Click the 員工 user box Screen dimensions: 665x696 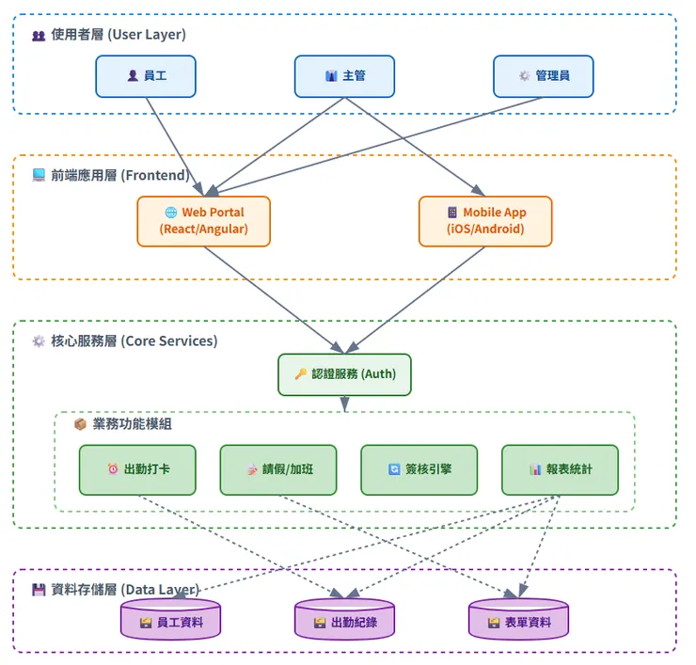[146, 76]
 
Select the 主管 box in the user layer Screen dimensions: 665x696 [344, 76]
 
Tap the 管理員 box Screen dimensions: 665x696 [544, 76]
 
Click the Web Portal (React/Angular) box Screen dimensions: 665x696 [203, 221]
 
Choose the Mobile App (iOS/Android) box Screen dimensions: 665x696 [485, 221]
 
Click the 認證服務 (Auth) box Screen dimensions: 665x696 [345, 374]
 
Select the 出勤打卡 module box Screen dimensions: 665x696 [137, 469]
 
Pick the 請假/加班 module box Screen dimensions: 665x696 [278, 469]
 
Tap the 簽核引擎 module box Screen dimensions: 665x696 [419, 469]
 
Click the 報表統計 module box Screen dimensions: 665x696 [561, 469]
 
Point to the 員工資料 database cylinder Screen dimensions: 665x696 [169, 621]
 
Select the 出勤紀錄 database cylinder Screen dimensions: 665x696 [344, 621]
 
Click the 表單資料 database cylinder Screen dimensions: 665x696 [518, 621]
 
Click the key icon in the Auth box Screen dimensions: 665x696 [301, 374]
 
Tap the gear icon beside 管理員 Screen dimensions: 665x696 [524, 76]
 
